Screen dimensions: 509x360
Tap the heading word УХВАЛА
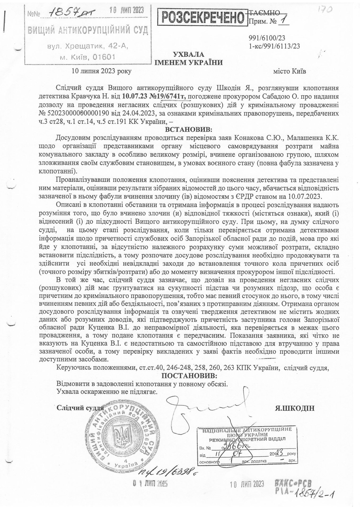click(188, 55)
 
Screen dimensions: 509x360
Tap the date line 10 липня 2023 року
click(102, 71)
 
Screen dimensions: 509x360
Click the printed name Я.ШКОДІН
click(295, 408)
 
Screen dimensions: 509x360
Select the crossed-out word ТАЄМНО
click(265, 12)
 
